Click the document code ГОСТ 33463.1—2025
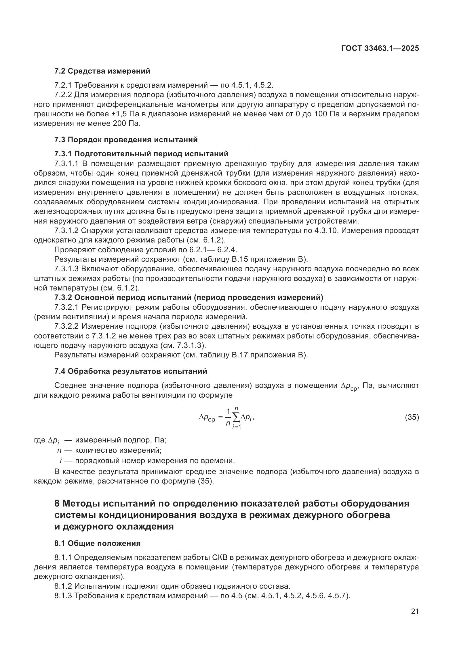pos(380,49)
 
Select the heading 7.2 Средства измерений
pos(102,71)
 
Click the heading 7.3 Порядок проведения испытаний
pos(126,140)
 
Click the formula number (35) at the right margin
pos(412,417)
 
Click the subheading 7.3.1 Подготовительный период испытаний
pos(141,154)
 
